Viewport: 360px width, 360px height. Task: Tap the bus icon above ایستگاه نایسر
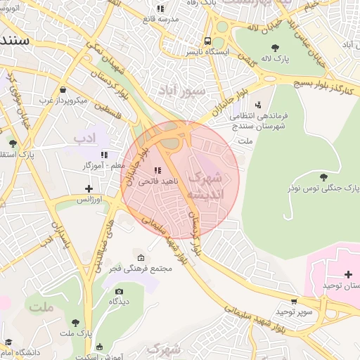click(207, 41)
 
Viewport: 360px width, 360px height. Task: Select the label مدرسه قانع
click(158, 19)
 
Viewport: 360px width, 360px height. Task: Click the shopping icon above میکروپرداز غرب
click(63, 89)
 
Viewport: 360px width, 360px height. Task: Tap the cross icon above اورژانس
click(89, 188)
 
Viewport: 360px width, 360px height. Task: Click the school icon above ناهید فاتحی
click(157, 170)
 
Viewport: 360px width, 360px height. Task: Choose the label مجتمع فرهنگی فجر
click(141, 269)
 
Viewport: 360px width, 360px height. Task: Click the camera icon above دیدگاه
click(118, 291)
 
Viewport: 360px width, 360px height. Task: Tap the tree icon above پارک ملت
click(75, 322)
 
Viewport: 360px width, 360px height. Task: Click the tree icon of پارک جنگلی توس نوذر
click(323, 177)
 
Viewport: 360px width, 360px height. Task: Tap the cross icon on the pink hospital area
click(349, 274)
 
